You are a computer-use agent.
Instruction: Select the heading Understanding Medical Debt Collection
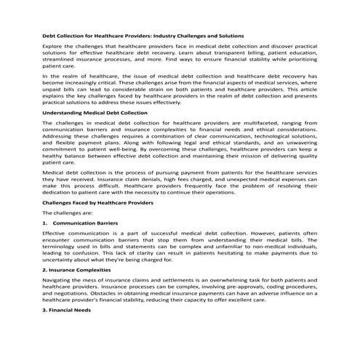[x=95, y=113]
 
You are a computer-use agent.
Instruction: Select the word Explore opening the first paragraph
[x=54, y=47]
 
